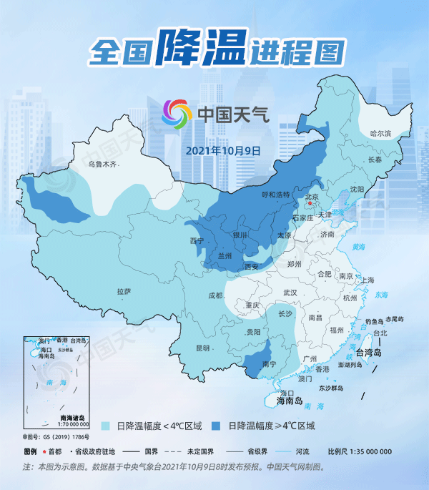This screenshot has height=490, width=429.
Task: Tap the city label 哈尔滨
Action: pos(381,134)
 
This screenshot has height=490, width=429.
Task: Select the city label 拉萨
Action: pos(124,291)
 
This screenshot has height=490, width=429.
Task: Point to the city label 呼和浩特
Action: pos(276,195)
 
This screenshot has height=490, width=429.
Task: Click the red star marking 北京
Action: pos(310,204)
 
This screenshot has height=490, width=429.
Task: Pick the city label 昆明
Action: pos(202,348)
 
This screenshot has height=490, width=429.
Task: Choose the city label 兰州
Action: pos(225,255)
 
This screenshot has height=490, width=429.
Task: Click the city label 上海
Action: pos(368,280)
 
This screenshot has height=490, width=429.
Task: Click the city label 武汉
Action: pos(290,293)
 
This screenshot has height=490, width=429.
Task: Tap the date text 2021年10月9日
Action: pos(223,151)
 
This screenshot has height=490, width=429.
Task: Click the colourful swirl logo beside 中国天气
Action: pos(178,114)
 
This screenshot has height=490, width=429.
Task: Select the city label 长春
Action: pos(375,160)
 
